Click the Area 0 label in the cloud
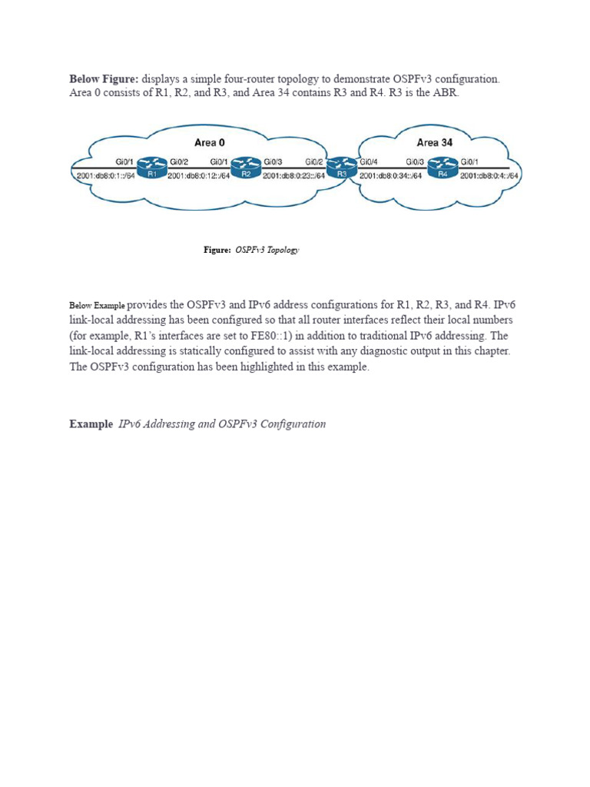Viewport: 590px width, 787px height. pyautogui.click(x=210, y=143)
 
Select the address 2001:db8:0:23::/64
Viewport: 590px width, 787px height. pyautogui.click(x=294, y=176)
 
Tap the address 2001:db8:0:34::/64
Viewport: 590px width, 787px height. pyautogui.click(x=390, y=176)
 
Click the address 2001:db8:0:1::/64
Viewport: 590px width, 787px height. pyautogui.click(x=106, y=176)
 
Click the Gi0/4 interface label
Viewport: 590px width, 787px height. pyautogui.click(x=370, y=162)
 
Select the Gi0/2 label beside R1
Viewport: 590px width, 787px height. pyautogui.click(x=178, y=162)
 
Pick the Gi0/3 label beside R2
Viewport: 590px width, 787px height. pyautogui.click(x=273, y=162)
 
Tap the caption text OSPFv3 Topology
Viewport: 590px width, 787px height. pyautogui.click(x=266, y=250)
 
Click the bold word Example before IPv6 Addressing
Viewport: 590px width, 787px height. pyautogui.click(x=91, y=423)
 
